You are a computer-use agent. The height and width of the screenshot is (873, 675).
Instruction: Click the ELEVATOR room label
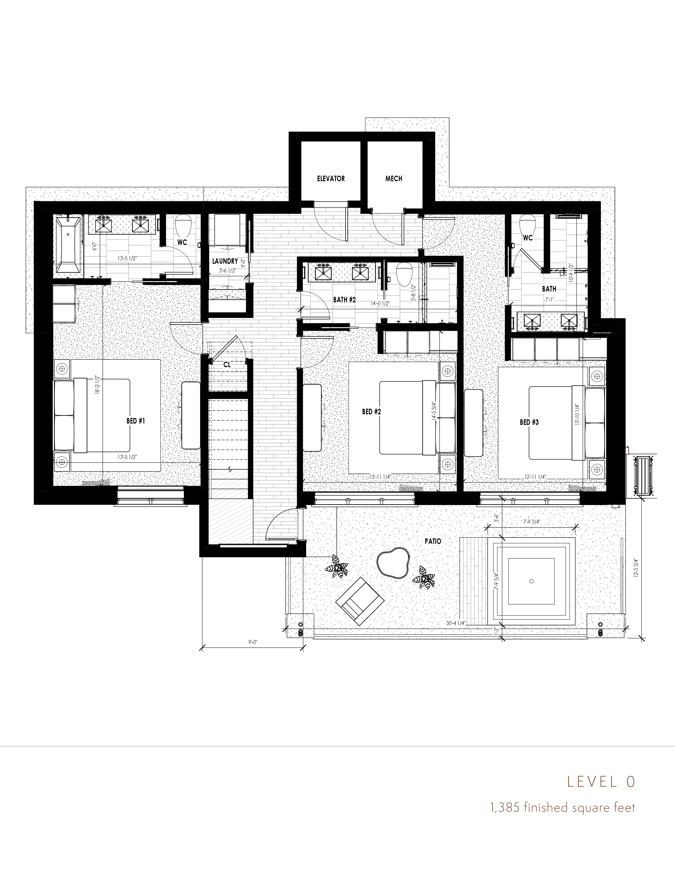[x=331, y=179]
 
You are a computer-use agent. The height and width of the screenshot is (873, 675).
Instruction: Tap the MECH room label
[x=393, y=179]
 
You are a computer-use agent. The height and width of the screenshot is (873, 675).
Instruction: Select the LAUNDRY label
[x=225, y=261]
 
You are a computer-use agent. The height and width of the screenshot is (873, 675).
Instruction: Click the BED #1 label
[x=135, y=421]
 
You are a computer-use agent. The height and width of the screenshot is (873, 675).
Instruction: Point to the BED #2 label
[x=371, y=411]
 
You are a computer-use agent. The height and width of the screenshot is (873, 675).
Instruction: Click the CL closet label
[x=227, y=364]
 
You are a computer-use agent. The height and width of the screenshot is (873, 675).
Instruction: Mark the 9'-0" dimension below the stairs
[x=252, y=642]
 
